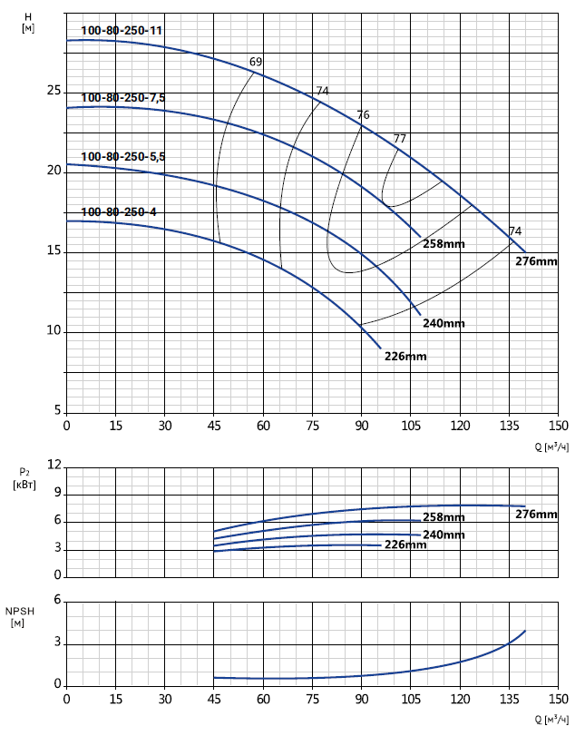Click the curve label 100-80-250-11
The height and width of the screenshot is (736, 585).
click(x=122, y=31)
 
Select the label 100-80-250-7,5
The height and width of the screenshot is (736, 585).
click(x=123, y=98)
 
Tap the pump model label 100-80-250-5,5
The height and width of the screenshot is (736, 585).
click(x=123, y=157)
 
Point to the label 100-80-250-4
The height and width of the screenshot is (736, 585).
click(x=119, y=212)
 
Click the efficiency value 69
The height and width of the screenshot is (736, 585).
click(x=256, y=62)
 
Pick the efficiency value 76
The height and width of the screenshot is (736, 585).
click(x=364, y=115)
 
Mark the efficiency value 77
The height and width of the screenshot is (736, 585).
click(x=400, y=139)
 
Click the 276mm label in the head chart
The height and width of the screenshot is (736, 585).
click(x=536, y=261)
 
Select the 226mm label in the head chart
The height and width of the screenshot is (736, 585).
click(x=405, y=356)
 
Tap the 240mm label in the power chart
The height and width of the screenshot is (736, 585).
click(x=444, y=535)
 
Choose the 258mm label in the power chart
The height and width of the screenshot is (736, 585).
click(x=444, y=517)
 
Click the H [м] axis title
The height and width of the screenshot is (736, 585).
click(x=28, y=23)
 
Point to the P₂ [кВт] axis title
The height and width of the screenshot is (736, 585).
click(x=24, y=478)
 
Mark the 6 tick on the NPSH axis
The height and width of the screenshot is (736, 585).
click(x=57, y=600)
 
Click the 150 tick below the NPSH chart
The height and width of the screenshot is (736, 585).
click(x=559, y=700)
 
